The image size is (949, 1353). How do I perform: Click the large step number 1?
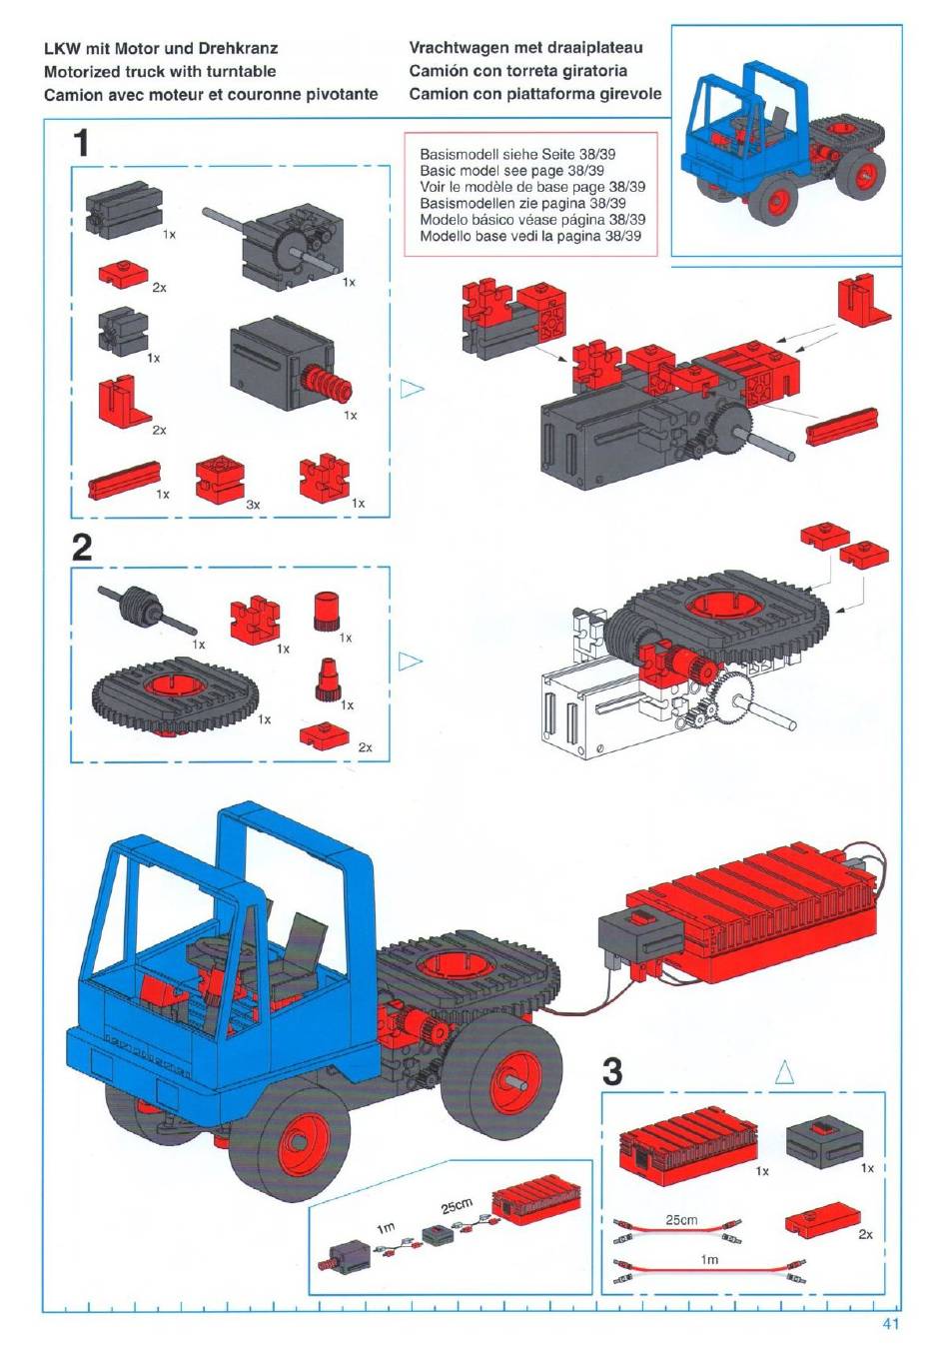click(x=81, y=144)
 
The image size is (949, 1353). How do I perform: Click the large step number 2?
click(x=82, y=548)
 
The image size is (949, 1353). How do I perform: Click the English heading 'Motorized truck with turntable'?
click(x=160, y=71)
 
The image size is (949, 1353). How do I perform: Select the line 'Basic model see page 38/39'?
click(x=511, y=170)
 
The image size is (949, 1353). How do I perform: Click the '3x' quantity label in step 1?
click(x=253, y=505)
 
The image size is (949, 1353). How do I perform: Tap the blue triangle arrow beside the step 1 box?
click(x=412, y=389)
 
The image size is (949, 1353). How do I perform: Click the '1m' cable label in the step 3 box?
click(x=709, y=1260)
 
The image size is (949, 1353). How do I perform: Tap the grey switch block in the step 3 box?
click(x=824, y=1136)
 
